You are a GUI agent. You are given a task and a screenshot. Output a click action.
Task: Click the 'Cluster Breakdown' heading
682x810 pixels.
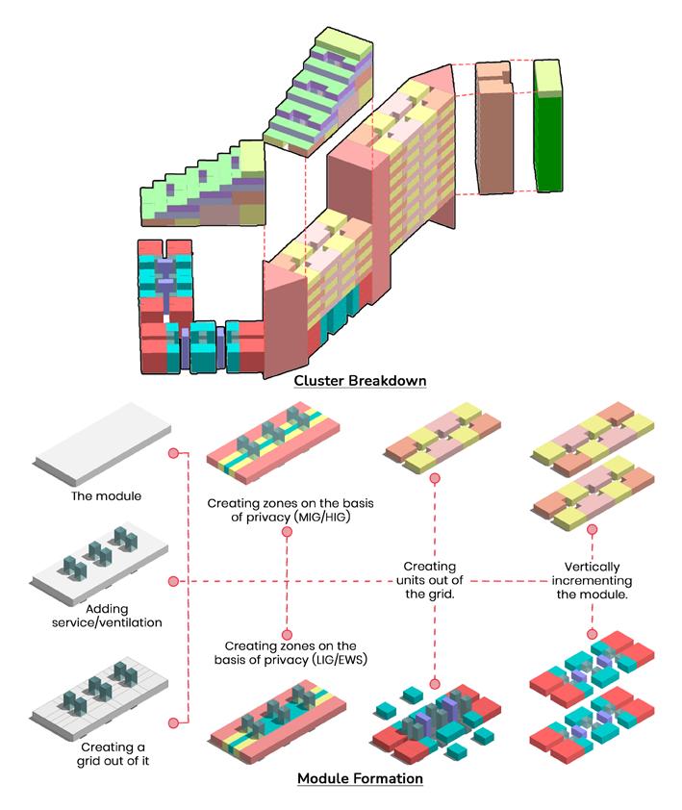point(360,381)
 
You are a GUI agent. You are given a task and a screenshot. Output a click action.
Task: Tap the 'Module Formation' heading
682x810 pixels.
point(360,778)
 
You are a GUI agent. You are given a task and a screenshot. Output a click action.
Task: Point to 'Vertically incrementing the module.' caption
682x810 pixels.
point(592,581)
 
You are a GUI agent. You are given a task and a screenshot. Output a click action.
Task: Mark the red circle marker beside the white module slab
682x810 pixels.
point(173,453)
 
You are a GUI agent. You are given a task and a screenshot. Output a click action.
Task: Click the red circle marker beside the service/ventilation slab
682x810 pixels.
point(173,581)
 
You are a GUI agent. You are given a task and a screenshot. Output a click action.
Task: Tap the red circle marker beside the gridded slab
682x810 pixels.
point(173,721)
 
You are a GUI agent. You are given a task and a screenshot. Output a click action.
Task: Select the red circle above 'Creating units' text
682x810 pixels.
point(436,478)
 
